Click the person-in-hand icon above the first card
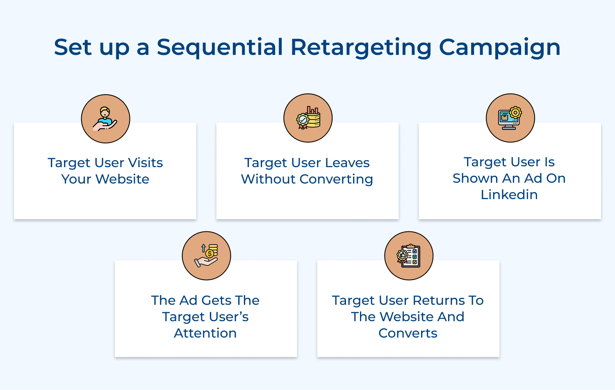[x=105, y=119]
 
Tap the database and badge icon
[x=308, y=118]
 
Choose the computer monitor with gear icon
[x=510, y=118]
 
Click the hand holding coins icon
[x=206, y=256]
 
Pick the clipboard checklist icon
[x=409, y=256]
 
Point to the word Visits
[x=146, y=163]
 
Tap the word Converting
[x=336, y=179]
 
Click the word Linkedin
[x=509, y=195]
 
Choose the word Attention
[x=205, y=333]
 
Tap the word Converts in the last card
[x=408, y=333]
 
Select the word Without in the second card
[x=268, y=179]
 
